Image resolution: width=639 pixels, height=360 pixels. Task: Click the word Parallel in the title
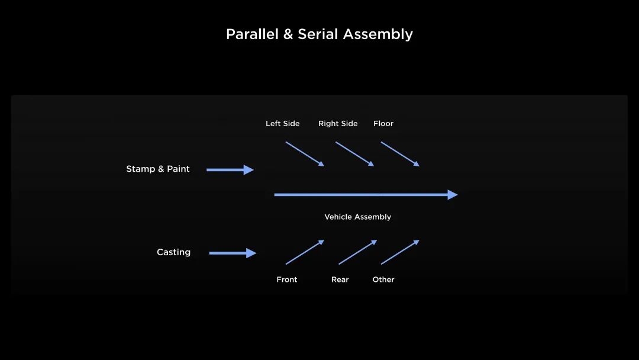point(252,34)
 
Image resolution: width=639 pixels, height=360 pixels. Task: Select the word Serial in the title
point(318,34)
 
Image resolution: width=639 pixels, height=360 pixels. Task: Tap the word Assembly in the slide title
point(377,35)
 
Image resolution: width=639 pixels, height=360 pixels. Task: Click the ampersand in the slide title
point(288,34)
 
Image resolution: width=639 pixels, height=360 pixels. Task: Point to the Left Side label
point(282,124)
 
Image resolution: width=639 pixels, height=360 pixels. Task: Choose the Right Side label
point(338,124)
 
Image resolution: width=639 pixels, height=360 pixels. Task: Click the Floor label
point(383,124)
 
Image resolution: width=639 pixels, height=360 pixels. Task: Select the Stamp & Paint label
point(158,169)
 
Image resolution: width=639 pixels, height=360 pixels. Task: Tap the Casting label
point(173,252)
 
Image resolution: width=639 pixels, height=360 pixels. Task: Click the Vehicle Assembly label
point(358,217)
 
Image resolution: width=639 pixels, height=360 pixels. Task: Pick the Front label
point(287,279)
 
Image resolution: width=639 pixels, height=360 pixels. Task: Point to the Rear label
point(340,279)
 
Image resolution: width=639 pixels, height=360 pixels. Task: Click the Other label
point(383,279)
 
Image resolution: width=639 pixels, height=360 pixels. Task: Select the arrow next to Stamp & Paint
point(230,169)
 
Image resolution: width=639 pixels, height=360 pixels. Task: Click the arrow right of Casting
point(233,253)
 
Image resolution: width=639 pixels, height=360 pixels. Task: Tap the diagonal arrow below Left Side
point(305,154)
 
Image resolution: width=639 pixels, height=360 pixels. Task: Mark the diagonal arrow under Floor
point(400,154)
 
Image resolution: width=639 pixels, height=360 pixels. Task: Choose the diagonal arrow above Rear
point(358,252)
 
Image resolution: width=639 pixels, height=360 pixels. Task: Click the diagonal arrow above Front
point(305,252)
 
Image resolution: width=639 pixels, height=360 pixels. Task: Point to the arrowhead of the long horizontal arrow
point(453,195)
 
